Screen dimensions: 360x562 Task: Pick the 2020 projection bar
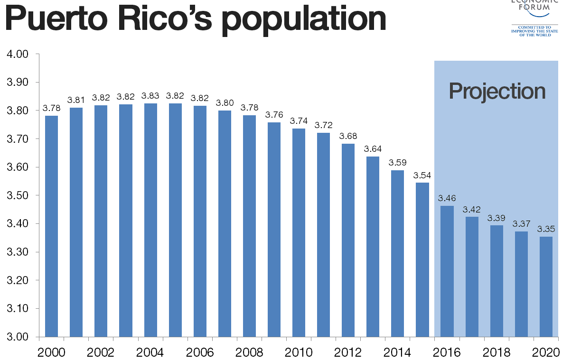(x=546, y=286)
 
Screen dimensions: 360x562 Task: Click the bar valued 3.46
(x=447, y=271)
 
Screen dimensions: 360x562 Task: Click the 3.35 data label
(x=546, y=229)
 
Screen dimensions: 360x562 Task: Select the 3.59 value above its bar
(x=398, y=162)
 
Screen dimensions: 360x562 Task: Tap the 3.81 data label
(x=76, y=100)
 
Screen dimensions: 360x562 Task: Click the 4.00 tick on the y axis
(x=18, y=54)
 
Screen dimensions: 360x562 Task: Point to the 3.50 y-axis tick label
(x=18, y=195)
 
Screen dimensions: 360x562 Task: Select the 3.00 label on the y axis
(x=18, y=337)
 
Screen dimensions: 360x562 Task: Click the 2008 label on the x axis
(x=249, y=352)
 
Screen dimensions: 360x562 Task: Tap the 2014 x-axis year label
(x=397, y=352)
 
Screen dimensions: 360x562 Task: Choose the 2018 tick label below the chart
(x=496, y=352)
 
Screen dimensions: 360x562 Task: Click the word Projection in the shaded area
(x=497, y=91)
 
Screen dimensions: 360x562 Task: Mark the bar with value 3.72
(x=324, y=235)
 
